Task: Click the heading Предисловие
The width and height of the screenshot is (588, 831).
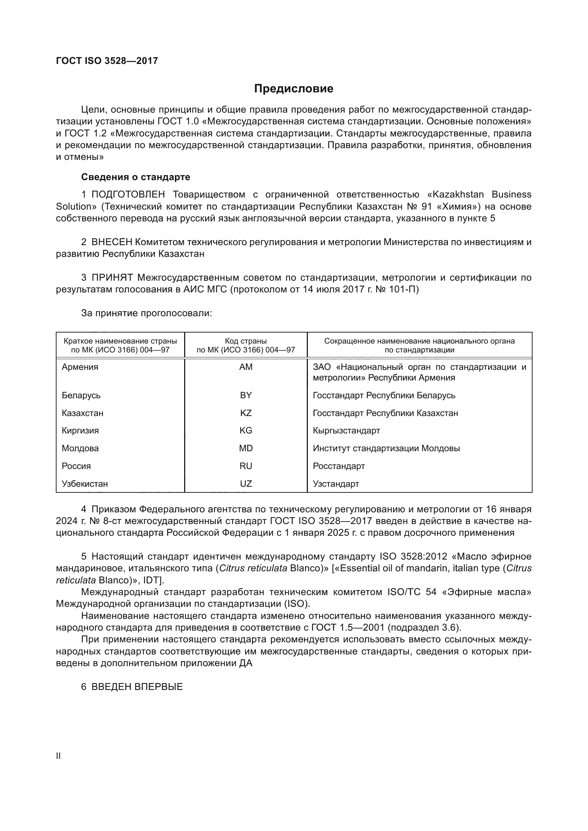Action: (x=294, y=89)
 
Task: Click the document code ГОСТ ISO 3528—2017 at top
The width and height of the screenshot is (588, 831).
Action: (x=107, y=61)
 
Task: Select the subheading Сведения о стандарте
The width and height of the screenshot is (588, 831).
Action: (x=135, y=177)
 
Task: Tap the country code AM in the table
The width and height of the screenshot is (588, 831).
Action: (x=246, y=367)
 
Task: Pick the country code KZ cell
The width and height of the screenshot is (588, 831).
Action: (x=246, y=413)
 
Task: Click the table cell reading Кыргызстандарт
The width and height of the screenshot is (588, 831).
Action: (x=346, y=431)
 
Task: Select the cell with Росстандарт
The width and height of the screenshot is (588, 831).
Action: (x=338, y=466)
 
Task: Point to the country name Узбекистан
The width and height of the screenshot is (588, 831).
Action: (x=85, y=484)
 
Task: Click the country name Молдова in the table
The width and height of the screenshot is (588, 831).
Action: (x=80, y=448)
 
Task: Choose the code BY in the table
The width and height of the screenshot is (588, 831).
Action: (x=246, y=395)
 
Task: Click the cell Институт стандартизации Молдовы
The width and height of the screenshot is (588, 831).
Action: (x=386, y=448)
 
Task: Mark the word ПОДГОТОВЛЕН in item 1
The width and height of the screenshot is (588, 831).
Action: (x=128, y=195)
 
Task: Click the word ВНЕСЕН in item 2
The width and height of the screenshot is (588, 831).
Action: (x=113, y=242)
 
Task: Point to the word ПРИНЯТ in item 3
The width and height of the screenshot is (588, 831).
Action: (x=112, y=277)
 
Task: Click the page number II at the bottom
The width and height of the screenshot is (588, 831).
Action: (x=58, y=756)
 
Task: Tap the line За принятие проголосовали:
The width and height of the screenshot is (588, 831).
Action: (x=146, y=313)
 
